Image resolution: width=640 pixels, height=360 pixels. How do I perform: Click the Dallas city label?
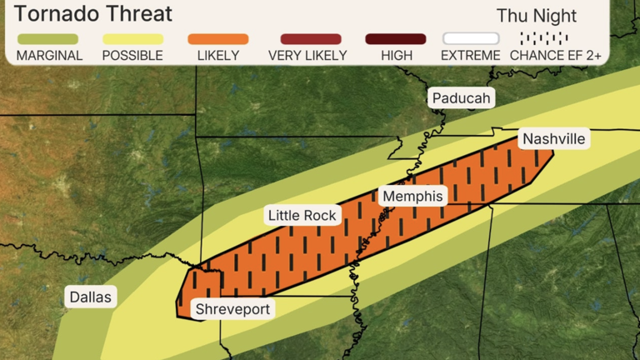(91, 297)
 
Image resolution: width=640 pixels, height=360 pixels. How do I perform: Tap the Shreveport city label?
(232, 309)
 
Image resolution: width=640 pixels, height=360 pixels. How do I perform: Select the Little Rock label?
(302, 216)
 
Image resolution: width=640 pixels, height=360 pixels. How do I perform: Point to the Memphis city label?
(412, 196)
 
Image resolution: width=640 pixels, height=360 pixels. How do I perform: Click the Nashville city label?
(553, 138)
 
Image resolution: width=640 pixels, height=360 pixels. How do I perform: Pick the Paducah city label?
(462, 98)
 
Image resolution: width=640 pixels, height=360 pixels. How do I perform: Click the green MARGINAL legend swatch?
(47, 39)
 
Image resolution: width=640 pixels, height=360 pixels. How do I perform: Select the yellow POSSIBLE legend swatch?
(132, 39)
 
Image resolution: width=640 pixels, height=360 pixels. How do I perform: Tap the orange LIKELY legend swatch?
(217, 39)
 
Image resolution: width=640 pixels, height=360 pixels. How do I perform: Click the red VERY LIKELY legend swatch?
(311, 39)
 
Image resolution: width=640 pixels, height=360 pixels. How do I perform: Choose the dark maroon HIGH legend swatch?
(396, 39)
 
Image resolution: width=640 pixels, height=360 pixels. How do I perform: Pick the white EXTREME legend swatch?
(471, 39)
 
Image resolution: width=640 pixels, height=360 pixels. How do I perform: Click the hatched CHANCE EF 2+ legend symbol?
(543, 38)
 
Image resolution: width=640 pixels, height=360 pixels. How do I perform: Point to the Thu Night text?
(537, 16)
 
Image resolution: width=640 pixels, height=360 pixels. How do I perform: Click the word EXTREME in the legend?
(471, 56)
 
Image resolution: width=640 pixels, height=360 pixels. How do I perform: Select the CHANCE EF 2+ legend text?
(556, 56)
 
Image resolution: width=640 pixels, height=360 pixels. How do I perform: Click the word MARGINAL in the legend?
(49, 56)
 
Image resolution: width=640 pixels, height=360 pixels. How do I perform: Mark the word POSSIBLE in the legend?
(132, 56)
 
